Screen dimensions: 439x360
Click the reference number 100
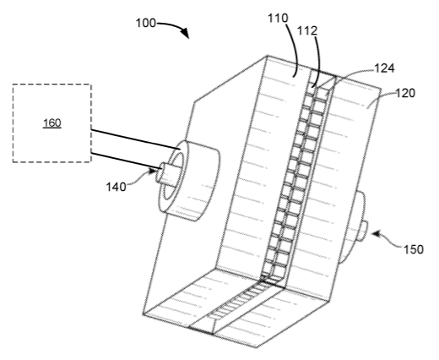point(145,23)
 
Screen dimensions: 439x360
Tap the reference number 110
point(278,18)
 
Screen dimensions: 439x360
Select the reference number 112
point(307,30)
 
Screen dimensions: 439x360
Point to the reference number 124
point(384,68)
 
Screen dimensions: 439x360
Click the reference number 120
point(405,93)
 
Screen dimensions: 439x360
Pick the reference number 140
point(116,187)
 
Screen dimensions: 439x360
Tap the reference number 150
point(414,249)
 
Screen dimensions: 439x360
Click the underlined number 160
point(52,123)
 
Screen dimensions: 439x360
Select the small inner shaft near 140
point(166,174)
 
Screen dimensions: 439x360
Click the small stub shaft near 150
point(362,231)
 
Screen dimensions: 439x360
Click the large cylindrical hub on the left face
point(188,180)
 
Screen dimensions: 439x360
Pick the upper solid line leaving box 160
point(136,139)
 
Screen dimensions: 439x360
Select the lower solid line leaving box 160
point(127,161)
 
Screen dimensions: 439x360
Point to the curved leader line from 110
point(296,49)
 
